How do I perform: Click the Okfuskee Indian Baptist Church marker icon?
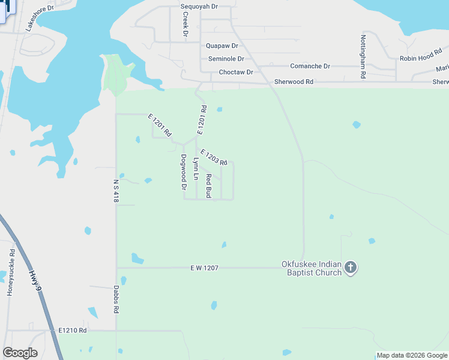351,268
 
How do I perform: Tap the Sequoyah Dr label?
199,7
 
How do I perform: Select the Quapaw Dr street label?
221,46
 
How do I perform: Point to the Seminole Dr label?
226,59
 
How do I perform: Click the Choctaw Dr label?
236,72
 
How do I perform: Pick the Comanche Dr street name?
310,66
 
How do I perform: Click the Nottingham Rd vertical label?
363,56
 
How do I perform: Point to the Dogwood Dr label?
184,172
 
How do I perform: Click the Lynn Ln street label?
196,169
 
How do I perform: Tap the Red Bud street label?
209,186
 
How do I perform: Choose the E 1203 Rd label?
213,158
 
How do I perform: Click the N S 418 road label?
116,190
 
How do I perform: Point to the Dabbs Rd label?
116,299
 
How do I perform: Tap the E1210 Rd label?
73,331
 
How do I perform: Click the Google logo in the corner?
20,353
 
